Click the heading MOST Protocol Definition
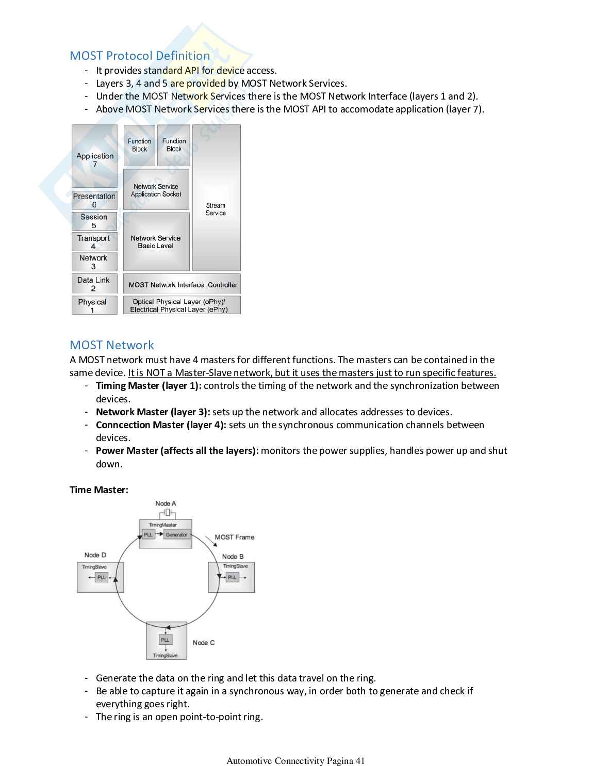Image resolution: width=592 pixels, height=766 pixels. coord(140,56)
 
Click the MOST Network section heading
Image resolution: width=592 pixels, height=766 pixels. coord(112,345)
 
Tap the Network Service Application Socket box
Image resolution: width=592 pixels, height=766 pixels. coord(156,190)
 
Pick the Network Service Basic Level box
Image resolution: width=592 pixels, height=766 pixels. coord(156,242)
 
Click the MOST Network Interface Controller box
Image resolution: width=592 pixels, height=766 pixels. coord(183,285)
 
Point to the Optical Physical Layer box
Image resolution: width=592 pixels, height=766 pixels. coord(179,305)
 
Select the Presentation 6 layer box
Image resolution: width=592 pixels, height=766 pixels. coord(94,200)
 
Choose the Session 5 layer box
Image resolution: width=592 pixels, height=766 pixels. coord(94,221)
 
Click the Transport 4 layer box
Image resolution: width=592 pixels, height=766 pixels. coord(94,242)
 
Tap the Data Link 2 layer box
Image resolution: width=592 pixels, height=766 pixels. coord(94,284)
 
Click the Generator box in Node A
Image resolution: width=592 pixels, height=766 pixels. coord(176,535)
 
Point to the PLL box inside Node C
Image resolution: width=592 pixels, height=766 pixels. coord(165,640)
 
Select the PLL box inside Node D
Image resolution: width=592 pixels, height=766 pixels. coord(102,578)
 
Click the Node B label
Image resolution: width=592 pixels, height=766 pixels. coord(233,557)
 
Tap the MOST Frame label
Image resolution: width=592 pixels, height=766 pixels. coord(235,537)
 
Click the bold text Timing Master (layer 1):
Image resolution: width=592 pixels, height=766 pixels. coord(149,386)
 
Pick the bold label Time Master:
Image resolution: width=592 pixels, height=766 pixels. coord(99,490)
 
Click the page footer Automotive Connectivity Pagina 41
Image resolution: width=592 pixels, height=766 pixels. coord(295,761)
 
